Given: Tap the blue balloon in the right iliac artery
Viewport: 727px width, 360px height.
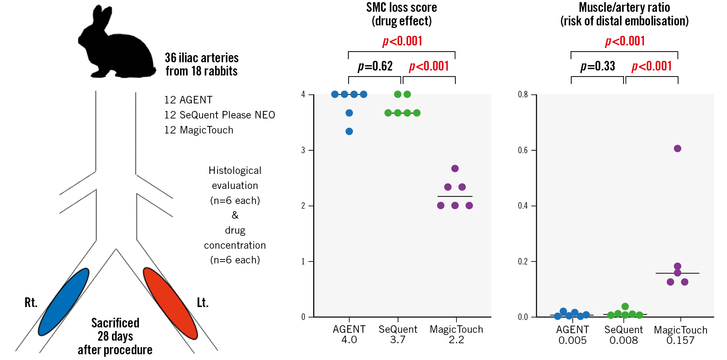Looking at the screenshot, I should click(64, 302).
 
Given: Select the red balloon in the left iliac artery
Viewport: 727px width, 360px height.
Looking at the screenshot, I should click(170, 303).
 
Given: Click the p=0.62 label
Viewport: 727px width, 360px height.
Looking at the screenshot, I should click(375, 66).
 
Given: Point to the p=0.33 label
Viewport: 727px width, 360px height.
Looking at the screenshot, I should click(597, 66).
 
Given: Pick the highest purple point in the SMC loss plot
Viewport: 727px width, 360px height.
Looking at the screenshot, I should click(455, 169).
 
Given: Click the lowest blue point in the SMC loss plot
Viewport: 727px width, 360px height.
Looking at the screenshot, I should click(349, 131).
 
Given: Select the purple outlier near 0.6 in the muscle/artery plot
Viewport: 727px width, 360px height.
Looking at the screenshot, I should click(677, 149).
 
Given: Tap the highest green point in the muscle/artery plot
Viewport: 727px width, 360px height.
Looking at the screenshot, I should click(625, 306).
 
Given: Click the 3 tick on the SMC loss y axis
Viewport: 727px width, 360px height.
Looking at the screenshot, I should click(303, 150).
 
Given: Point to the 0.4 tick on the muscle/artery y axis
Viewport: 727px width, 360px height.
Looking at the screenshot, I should click(523, 206).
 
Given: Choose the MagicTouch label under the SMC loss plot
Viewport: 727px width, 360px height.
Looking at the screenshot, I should click(456, 329).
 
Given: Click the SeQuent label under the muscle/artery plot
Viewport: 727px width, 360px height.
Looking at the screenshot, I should click(624, 330).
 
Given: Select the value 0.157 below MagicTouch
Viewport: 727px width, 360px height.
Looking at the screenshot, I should click(680, 340).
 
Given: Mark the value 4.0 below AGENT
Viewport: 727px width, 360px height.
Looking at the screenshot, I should click(349, 340).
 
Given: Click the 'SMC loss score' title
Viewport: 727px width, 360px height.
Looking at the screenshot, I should click(401, 8).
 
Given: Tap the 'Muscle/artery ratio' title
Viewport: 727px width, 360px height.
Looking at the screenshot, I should click(624, 8).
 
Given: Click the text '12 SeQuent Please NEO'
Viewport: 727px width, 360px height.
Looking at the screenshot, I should click(219, 115).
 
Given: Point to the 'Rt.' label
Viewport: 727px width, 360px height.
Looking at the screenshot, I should click(31, 303).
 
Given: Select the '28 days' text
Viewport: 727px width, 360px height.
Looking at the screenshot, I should click(115, 336).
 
